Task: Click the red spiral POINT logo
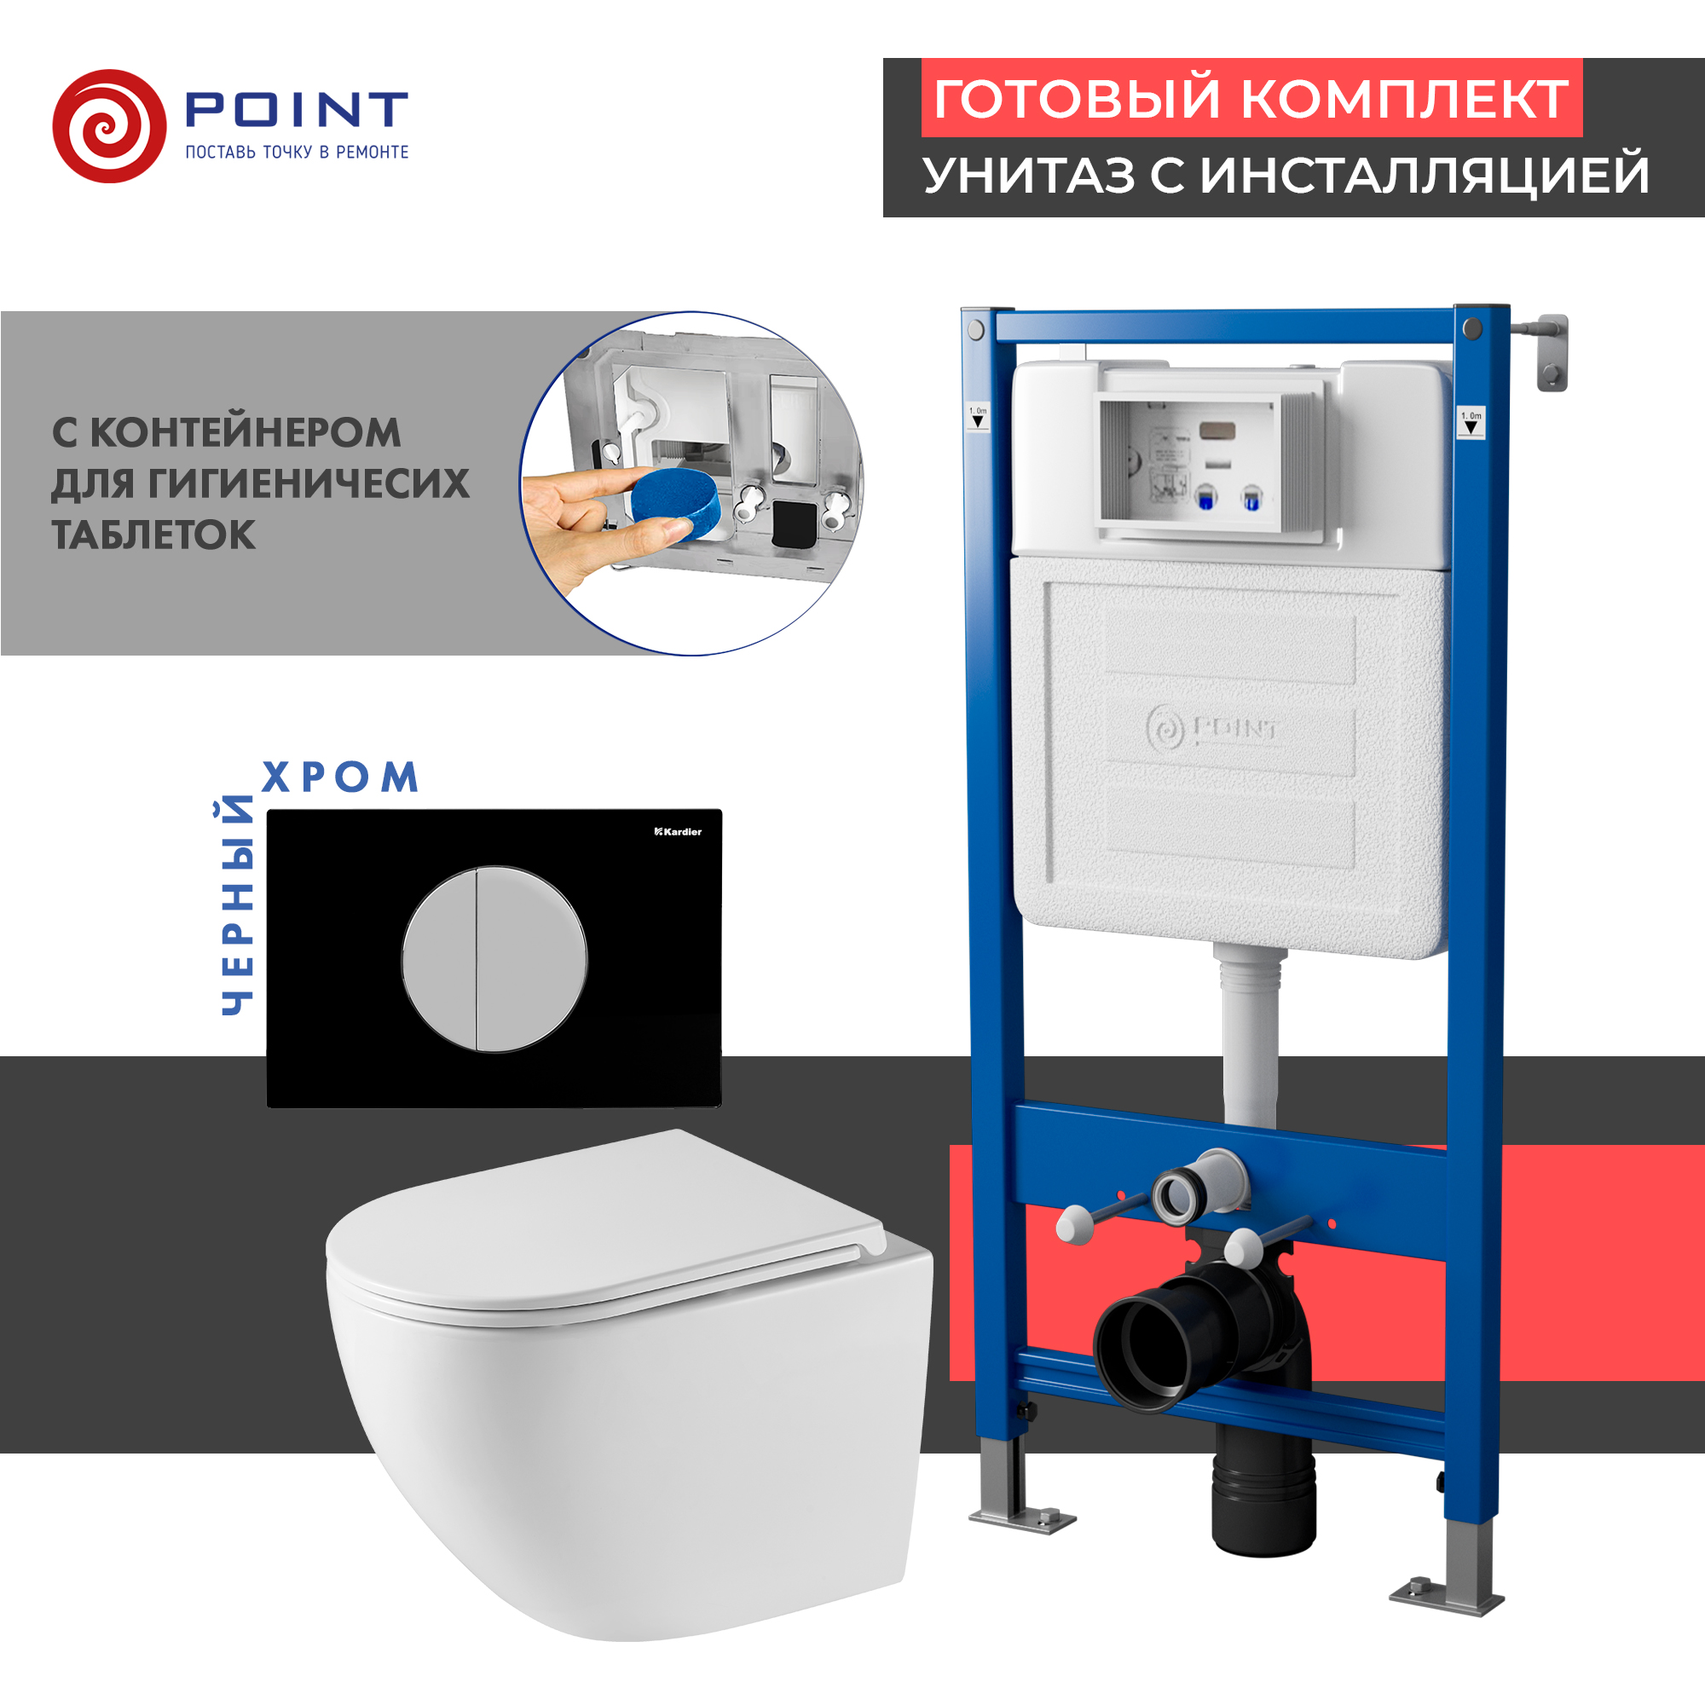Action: click(109, 126)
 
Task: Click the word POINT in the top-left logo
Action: click(297, 109)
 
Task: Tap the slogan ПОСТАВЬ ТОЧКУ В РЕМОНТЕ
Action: click(297, 153)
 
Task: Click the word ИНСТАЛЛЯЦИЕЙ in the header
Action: click(1425, 175)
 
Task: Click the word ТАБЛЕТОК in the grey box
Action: click(153, 535)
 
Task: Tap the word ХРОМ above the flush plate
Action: click(340, 777)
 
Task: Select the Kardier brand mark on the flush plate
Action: click(678, 831)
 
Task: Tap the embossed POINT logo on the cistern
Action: click(1212, 729)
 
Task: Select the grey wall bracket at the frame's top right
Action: click(1551, 351)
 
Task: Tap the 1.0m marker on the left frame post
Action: click(978, 416)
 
